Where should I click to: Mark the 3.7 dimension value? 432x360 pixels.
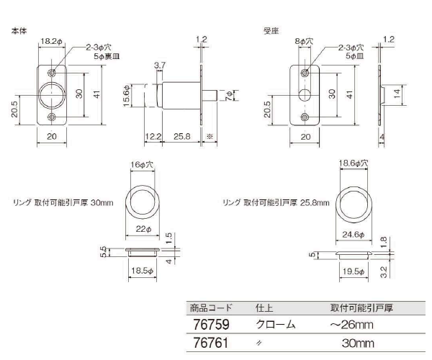(x=159, y=66)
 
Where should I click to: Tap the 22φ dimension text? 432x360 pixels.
(x=143, y=228)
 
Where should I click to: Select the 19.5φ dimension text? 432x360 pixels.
(x=352, y=271)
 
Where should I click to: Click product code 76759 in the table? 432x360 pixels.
(x=210, y=324)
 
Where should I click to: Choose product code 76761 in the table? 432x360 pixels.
(x=210, y=344)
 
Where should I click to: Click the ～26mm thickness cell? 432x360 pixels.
(x=352, y=325)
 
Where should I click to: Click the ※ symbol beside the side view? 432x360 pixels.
(x=209, y=136)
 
